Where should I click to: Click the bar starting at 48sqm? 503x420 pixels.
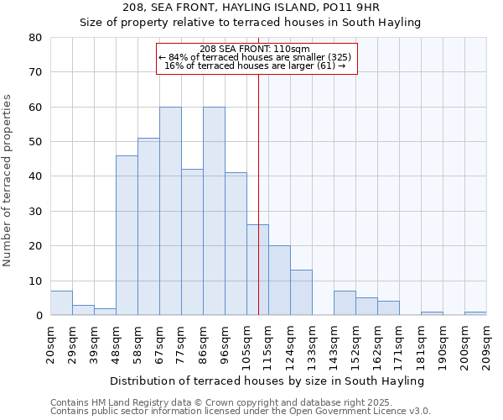pos(127,235)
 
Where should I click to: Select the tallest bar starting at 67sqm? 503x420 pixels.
pos(170,211)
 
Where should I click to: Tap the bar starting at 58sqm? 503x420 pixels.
pos(148,227)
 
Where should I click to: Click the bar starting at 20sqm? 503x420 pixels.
pos(61,303)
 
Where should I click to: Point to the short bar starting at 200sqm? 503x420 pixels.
pos(475,313)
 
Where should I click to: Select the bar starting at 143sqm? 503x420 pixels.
pos(345,303)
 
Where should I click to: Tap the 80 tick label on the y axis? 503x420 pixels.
pos(34,38)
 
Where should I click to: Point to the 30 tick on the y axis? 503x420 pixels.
pos(34,212)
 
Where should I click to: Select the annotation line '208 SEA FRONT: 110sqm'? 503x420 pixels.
pos(256,49)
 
